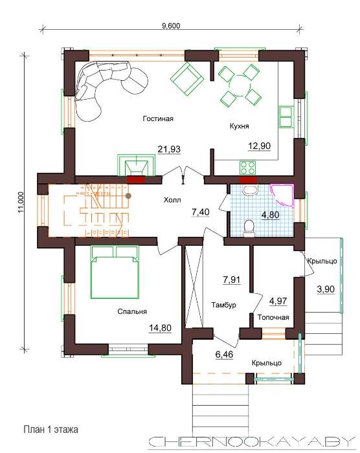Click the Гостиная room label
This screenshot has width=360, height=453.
click(158, 118)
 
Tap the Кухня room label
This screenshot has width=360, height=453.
click(239, 126)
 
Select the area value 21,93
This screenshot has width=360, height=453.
click(169, 149)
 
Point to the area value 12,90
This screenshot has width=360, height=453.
click(260, 146)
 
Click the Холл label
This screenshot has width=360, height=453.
click(172, 200)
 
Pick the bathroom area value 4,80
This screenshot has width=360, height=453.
click(271, 215)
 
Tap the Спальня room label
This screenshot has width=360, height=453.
click(132, 311)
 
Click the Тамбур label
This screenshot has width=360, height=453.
click(223, 305)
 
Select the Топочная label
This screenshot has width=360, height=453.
click(273, 317)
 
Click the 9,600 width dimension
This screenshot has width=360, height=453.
click(171, 26)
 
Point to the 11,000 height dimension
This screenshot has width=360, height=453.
click(21, 202)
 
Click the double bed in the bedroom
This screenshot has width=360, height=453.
click(115, 272)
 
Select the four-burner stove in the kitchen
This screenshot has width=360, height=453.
click(247, 168)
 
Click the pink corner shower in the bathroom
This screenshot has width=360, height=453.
click(282, 194)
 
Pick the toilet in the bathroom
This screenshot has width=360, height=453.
click(249, 228)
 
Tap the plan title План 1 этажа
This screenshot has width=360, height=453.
click(51, 429)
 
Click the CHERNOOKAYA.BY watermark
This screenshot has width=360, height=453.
click(252, 441)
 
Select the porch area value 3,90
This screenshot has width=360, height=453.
click(326, 289)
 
